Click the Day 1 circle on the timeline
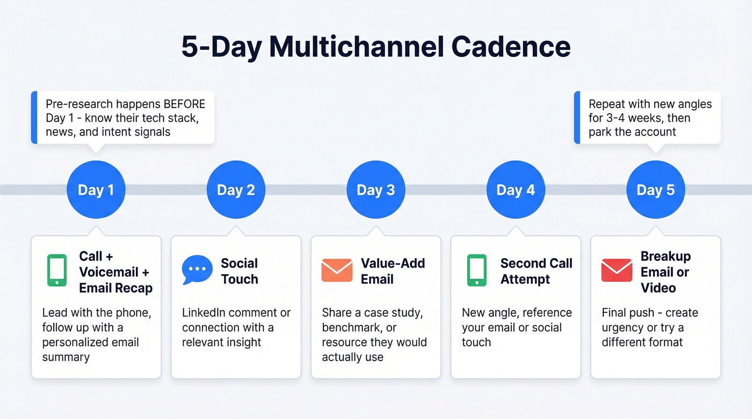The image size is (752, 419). [x=96, y=190]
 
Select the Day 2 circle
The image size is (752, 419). [x=236, y=190]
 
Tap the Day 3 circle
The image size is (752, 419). [x=375, y=190]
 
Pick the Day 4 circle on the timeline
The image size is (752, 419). [x=516, y=190]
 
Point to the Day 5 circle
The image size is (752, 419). [x=655, y=190]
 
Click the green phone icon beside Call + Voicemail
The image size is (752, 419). [x=57, y=270]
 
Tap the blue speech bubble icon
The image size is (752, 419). [x=197, y=270]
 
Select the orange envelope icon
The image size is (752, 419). [x=337, y=270]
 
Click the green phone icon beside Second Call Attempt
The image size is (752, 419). [x=476, y=270]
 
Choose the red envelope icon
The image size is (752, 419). [x=616, y=270]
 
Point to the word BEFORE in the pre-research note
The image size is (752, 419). [x=184, y=104]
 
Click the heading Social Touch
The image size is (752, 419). [x=240, y=271]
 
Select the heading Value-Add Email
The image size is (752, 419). [x=393, y=271]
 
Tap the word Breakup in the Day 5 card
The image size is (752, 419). [x=666, y=256]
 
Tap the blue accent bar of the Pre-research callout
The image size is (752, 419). [x=34, y=117]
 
